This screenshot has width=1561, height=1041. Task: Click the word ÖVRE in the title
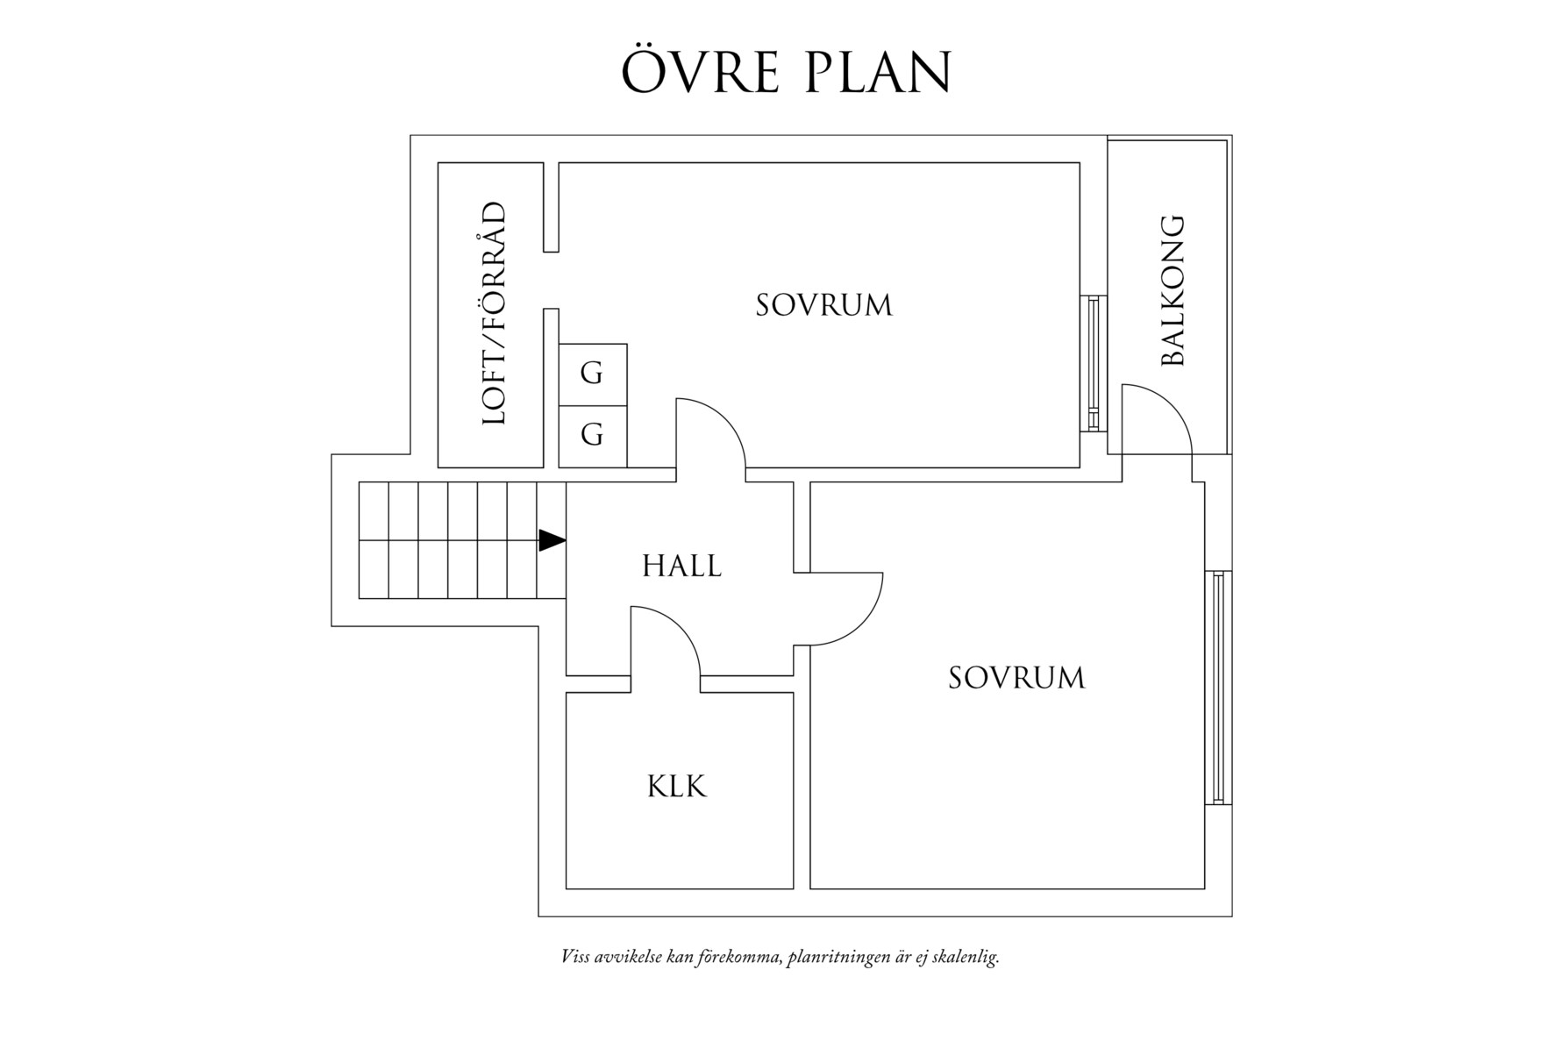700,72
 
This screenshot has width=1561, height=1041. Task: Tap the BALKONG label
1172,290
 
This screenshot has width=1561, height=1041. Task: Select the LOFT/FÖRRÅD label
495,314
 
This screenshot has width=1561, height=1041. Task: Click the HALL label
681,567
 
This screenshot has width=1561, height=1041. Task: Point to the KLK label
677,787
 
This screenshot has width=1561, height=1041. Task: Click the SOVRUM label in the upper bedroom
823,305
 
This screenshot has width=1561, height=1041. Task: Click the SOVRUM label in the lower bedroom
1016,678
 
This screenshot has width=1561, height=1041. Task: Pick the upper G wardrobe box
593,374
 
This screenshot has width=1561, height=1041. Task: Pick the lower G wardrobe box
593,436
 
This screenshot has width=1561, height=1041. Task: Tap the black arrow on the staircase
552,540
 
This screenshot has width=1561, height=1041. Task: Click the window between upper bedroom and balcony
1093,363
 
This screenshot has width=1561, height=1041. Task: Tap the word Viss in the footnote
575,956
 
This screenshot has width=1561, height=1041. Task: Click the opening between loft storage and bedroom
552,280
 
